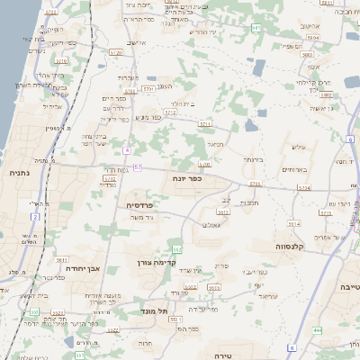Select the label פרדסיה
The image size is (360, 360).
tap(139, 204)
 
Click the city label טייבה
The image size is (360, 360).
tap(347, 286)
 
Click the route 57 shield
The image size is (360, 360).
tap(137, 167)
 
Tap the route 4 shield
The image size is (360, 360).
tap(127, 149)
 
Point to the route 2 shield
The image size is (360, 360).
tap(35, 217)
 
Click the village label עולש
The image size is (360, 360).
tap(299, 148)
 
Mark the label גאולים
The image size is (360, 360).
tap(211, 224)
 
